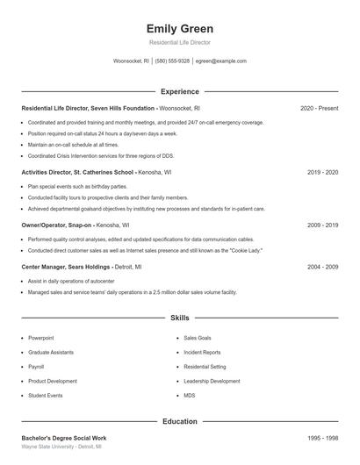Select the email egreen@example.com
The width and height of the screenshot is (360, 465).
(x=220, y=61)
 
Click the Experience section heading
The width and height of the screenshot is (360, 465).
(x=179, y=91)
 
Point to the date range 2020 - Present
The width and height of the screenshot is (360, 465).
(x=319, y=108)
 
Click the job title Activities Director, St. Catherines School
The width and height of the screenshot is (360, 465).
(x=77, y=173)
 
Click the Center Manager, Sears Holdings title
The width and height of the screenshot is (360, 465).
(x=66, y=266)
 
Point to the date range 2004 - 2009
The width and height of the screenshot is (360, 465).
(x=322, y=266)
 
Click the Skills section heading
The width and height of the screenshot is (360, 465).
(x=179, y=317)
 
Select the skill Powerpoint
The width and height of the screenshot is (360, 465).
(x=40, y=337)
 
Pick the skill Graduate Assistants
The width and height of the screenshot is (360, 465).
(x=50, y=352)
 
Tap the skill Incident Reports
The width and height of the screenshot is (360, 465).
(x=202, y=352)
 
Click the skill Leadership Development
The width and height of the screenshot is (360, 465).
(x=212, y=382)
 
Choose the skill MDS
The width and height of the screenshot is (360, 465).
(x=190, y=396)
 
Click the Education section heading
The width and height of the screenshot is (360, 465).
(x=179, y=421)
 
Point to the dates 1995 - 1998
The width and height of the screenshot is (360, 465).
(x=322, y=438)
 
